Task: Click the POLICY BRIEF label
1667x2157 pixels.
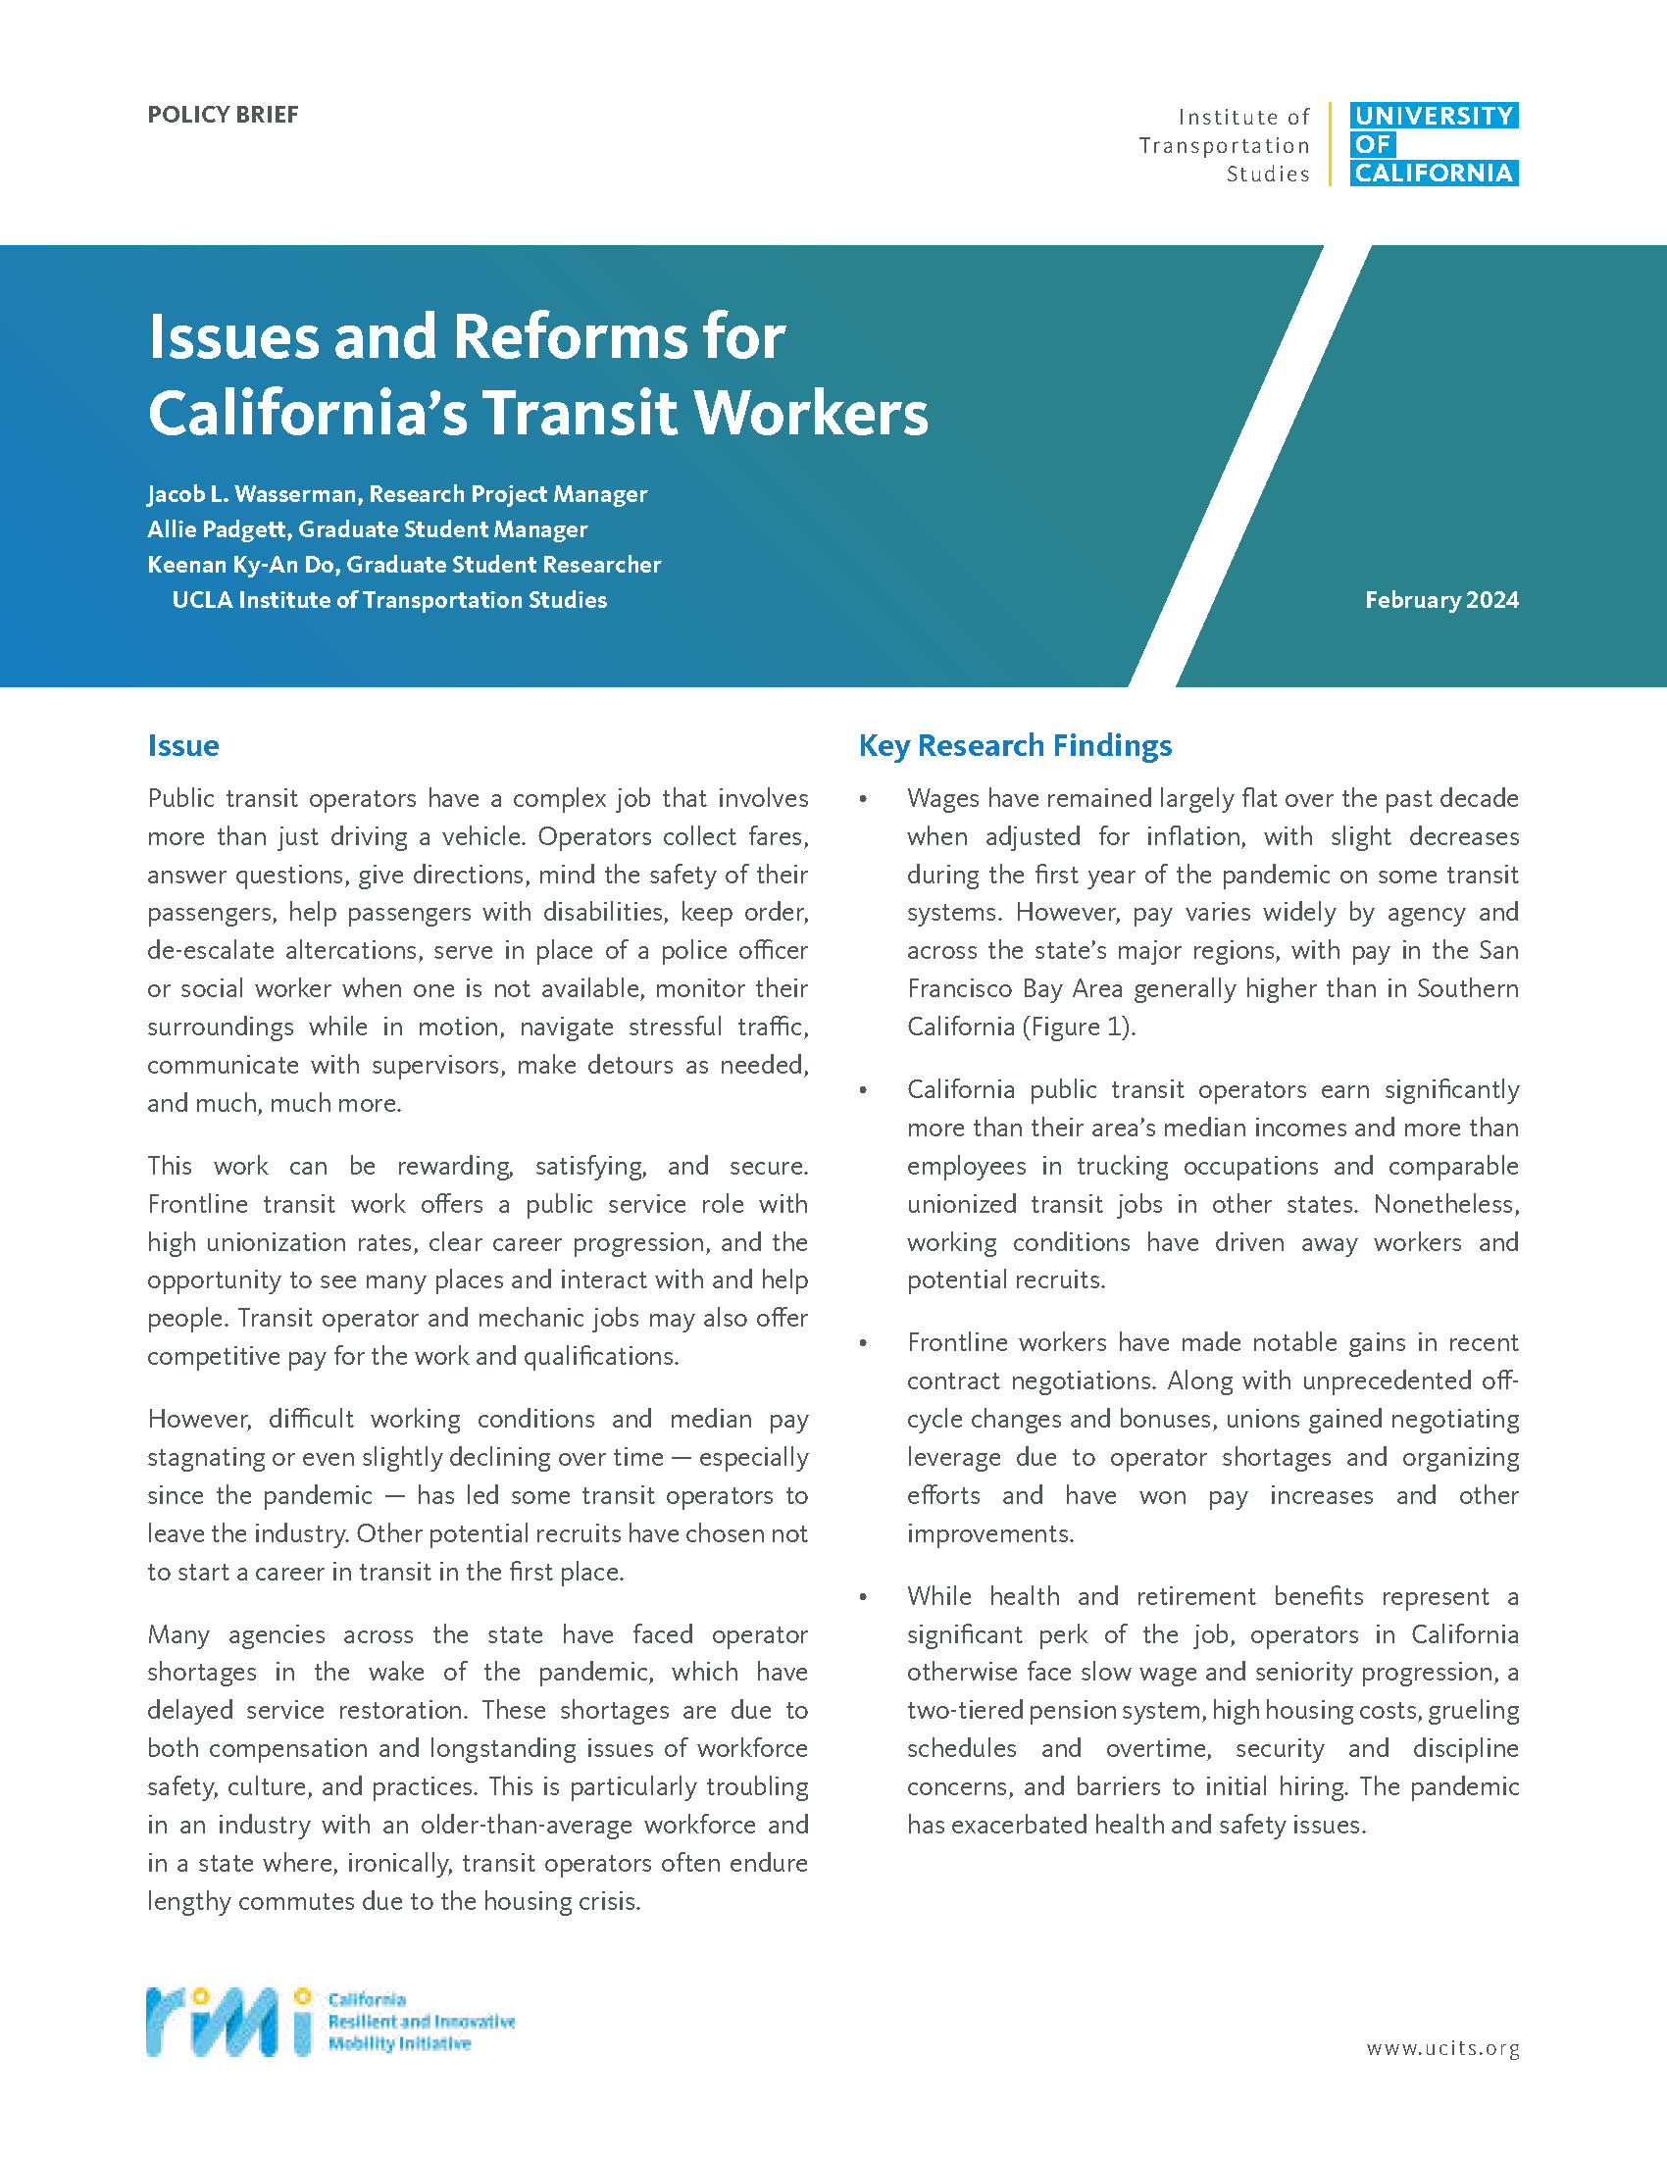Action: tap(223, 115)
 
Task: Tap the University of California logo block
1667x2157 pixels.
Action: tap(1433, 144)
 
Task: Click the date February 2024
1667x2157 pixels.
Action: tap(1440, 599)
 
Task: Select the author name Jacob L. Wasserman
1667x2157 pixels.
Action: tap(252, 494)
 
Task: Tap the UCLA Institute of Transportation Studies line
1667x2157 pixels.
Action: tap(389, 600)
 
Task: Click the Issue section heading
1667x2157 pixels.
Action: tap(182, 746)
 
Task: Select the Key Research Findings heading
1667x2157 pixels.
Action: tap(1014, 746)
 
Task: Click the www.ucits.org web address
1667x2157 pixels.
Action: tap(1441, 2048)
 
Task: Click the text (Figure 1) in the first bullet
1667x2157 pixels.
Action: tap(1078, 1028)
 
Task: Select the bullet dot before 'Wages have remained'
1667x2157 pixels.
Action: tap(863, 799)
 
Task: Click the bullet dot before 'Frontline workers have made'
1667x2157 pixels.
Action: tap(863, 1343)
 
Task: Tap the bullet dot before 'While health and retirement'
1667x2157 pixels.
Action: tap(863, 1597)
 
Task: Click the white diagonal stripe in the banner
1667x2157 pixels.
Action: tap(1249, 464)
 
